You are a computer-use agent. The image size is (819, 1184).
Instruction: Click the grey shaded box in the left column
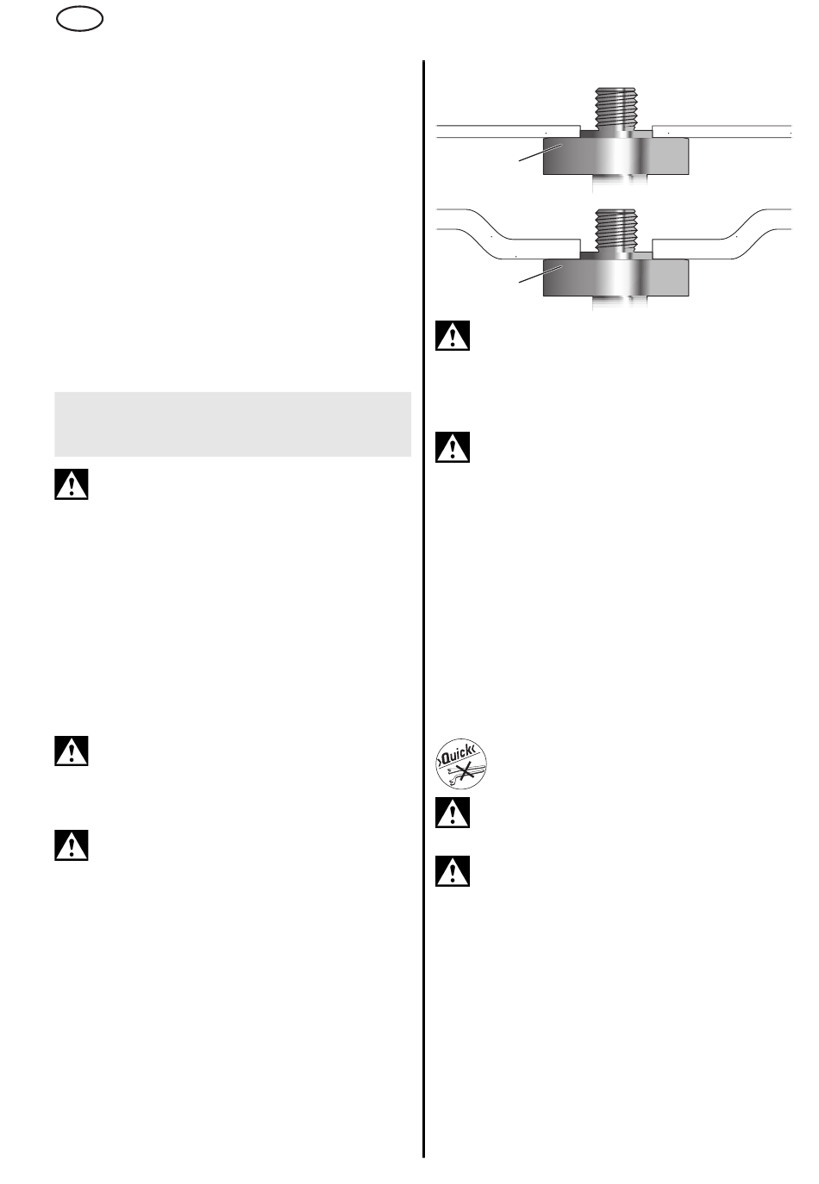click(233, 424)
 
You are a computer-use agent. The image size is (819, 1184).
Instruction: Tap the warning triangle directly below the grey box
click(72, 484)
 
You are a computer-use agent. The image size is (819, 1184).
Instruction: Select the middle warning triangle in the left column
click(72, 751)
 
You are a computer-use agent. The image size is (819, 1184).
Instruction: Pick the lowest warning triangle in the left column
click(72, 845)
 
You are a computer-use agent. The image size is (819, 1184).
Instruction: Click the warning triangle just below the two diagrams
click(453, 335)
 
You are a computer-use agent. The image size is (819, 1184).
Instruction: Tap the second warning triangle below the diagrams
click(453, 446)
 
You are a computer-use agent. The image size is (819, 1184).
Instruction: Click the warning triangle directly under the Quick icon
click(453, 812)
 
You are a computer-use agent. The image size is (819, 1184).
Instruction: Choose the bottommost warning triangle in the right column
click(453, 871)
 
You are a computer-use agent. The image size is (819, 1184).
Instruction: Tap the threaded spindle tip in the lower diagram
click(616, 227)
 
